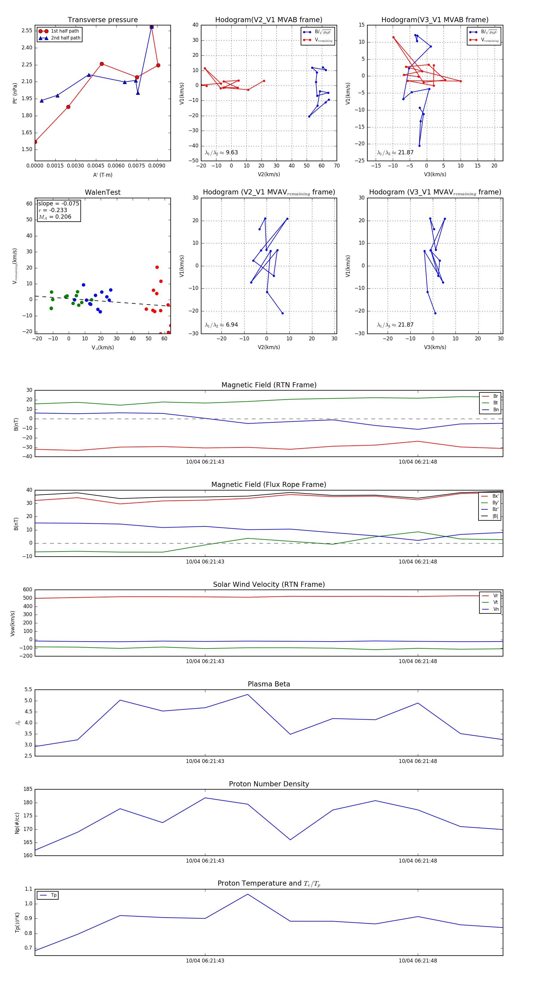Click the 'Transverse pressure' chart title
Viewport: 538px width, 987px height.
pos(103,20)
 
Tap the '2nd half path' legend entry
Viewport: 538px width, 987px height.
pos(65,38)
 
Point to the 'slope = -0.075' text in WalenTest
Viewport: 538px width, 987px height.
pos(59,203)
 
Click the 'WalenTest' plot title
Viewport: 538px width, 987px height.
pos(103,192)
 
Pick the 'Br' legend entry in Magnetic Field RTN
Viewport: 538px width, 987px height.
pos(495,396)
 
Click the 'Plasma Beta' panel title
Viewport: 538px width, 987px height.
pos(269,684)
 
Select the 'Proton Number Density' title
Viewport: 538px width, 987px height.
pos(269,784)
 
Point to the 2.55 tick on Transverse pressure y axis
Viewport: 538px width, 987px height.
pos(27,31)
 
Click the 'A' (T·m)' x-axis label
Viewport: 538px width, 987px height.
pos(103,175)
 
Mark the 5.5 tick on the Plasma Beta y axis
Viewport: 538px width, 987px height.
pos(28,689)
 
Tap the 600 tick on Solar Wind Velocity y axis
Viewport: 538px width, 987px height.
pos(27,590)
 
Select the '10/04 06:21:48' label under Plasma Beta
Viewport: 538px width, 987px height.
pos(418,761)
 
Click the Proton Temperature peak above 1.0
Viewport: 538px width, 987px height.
pos(248,894)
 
